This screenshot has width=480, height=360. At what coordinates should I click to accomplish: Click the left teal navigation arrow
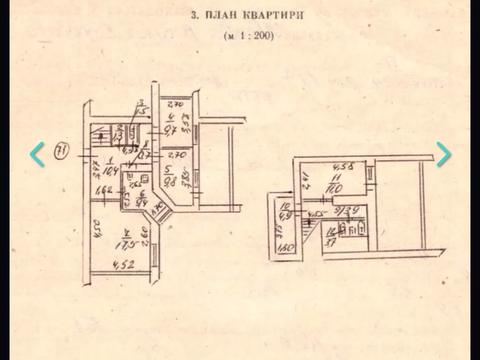pos(37,154)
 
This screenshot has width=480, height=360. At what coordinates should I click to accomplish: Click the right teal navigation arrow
pos(443,154)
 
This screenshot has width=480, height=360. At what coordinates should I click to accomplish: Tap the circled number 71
pos(61,152)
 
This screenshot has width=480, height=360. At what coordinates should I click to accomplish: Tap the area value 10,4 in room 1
pos(111,171)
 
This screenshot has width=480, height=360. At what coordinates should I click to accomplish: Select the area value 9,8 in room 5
pos(170,181)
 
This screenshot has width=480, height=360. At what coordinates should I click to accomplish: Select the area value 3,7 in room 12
pos(331,241)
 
